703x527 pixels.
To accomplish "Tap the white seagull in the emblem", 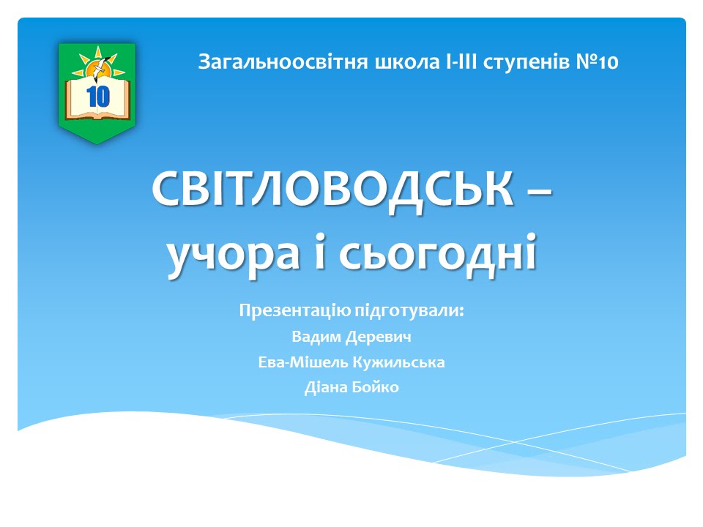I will tap(99, 67).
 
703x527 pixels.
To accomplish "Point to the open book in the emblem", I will tap(97, 99).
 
